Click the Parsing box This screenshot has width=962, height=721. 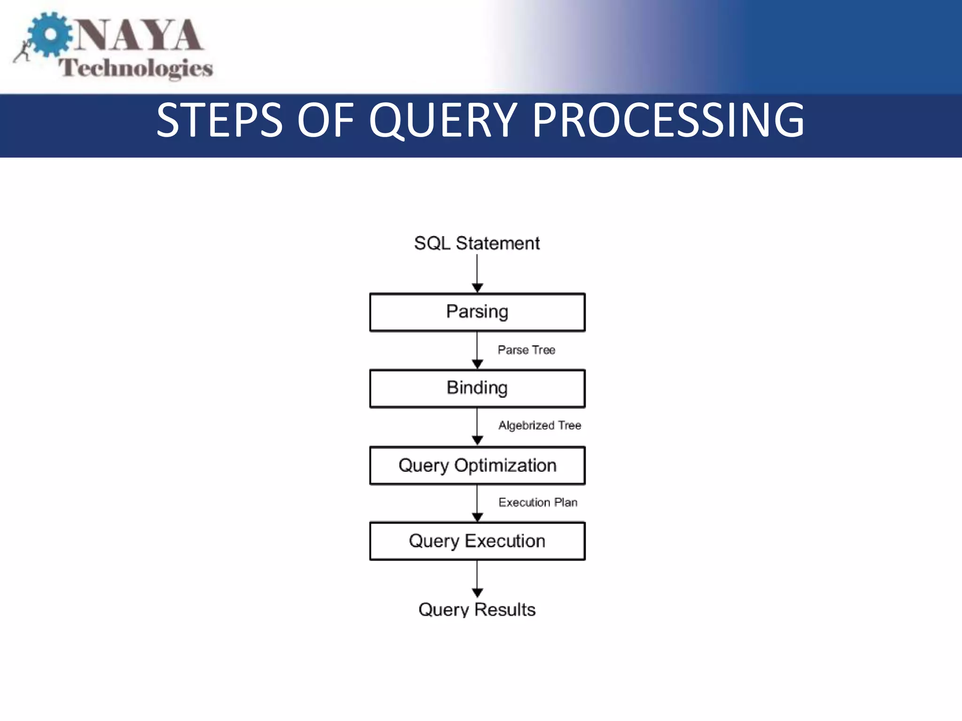tap(477, 312)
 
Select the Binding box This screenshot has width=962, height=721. tap(477, 388)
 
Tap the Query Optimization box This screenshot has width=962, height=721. tap(477, 465)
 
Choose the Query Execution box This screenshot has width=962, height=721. tap(477, 541)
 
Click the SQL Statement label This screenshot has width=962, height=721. tap(477, 243)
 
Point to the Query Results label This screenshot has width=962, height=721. tap(477, 609)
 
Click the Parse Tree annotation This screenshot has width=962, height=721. tap(527, 350)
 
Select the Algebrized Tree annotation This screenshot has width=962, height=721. tap(540, 425)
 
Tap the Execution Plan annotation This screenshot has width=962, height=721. tap(538, 502)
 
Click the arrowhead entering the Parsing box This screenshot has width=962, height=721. tap(477, 288)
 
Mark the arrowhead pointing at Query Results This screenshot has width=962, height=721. tap(477, 593)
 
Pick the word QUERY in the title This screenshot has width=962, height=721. tap(443, 121)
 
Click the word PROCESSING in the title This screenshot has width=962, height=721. tap(668, 121)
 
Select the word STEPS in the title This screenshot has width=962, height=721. tap(220, 121)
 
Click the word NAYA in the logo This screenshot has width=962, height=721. tap(139, 35)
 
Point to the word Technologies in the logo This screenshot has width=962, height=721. tap(136, 68)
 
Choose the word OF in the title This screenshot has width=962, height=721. tap(326, 121)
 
